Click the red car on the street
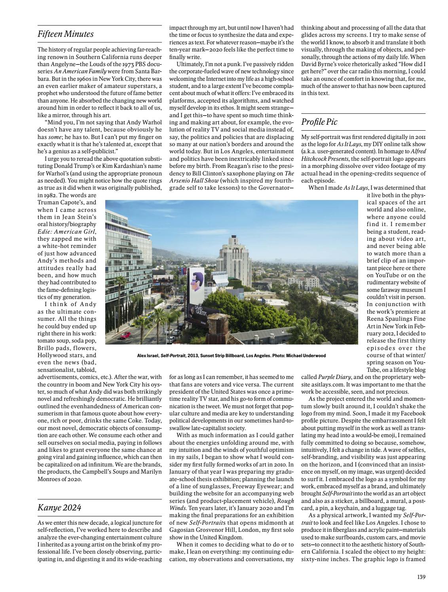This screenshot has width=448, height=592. tap(125, 336)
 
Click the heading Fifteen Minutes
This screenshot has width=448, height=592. tap(65, 34)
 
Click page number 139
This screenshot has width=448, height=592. tap(421, 577)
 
